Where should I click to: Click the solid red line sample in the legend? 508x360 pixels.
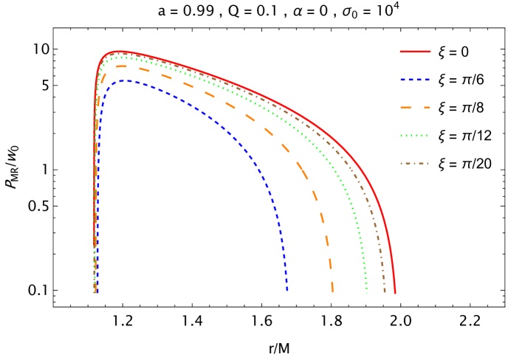[x=415, y=52]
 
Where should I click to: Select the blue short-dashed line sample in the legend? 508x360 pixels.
[x=415, y=80]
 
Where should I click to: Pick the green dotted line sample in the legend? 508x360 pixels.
[x=415, y=136]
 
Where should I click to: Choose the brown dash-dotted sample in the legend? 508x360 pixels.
[x=415, y=163]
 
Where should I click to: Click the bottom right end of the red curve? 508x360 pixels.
[x=395, y=292]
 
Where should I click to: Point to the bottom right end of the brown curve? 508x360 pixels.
[x=384, y=292]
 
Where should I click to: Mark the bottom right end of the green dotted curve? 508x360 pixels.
[x=366, y=292]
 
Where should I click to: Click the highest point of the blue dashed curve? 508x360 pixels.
[x=127, y=81]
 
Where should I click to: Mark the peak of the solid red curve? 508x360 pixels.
[x=118, y=52]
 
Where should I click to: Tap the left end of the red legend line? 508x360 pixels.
[x=401, y=52]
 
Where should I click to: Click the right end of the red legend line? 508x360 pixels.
[x=430, y=52]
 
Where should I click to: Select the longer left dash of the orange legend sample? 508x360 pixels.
[x=408, y=108]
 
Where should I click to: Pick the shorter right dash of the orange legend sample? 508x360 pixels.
[x=427, y=108]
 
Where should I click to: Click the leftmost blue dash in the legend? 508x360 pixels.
[x=402, y=80]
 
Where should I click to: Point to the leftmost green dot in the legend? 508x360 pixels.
[x=402, y=136]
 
